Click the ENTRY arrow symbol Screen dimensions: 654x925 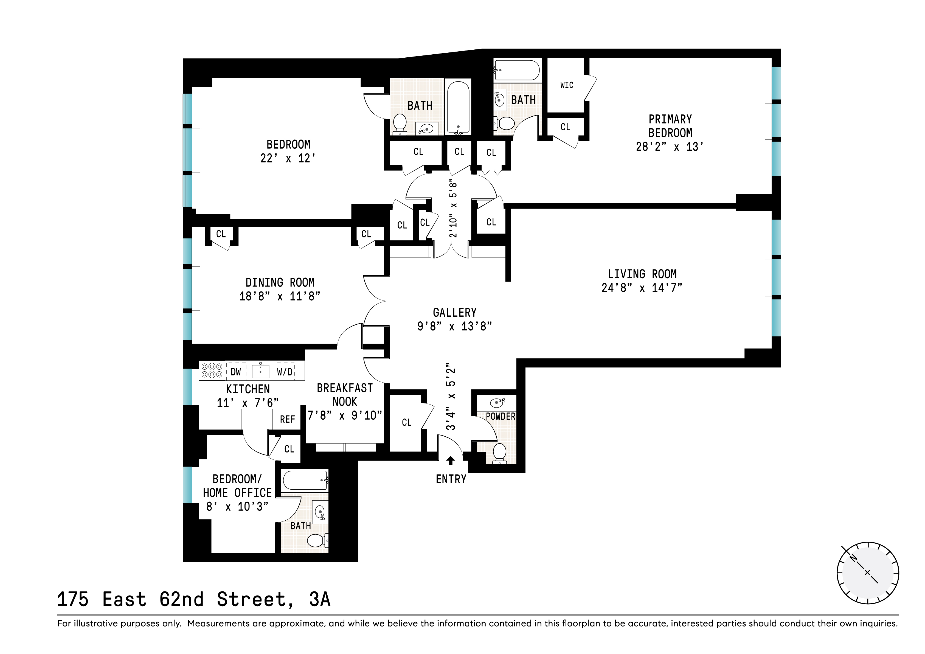click(451, 461)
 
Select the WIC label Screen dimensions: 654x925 click(566, 85)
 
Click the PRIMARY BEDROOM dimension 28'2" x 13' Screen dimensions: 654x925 click(670, 147)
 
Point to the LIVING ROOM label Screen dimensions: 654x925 click(642, 274)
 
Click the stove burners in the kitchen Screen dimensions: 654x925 click(212, 370)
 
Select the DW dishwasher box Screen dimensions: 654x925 click(236, 372)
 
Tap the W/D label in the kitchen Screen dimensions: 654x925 click(285, 372)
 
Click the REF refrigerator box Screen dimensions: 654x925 click(287, 419)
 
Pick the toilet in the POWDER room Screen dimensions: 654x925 click(500, 453)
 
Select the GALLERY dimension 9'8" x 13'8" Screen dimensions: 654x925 click(454, 326)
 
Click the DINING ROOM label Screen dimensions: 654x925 click(280, 282)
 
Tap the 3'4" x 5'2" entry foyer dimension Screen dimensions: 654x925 click(451, 399)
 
